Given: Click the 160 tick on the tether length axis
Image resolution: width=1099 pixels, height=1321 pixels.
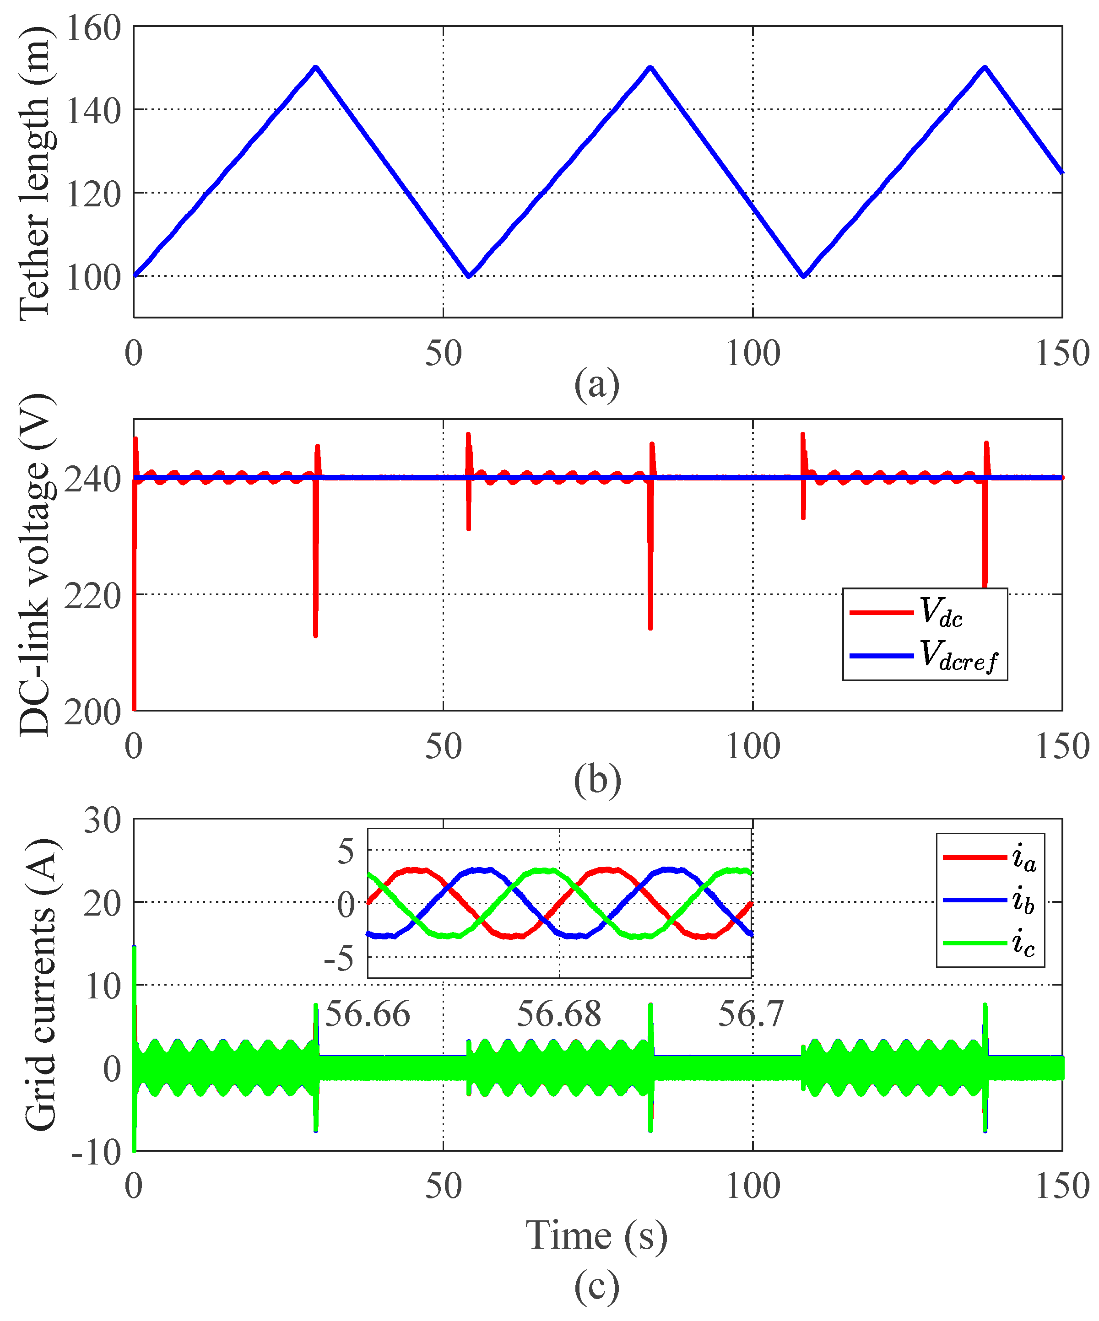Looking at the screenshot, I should (x=93, y=28).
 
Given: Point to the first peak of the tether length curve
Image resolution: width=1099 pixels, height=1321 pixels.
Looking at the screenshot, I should (x=316, y=67).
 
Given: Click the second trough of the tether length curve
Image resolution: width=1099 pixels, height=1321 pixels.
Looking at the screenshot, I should (x=803, y=275).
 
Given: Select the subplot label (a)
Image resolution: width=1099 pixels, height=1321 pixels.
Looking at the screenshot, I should (x=596, y=384).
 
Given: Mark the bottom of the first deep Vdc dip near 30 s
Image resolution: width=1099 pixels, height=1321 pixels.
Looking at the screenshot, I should (x=315, y=636).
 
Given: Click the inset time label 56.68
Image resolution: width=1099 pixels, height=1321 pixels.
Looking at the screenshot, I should (x=559, y=1014).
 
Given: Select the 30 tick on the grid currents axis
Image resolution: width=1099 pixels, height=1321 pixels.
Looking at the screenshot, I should (x=102, y=821).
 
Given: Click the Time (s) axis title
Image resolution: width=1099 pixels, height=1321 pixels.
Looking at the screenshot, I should (x=596, y=1234).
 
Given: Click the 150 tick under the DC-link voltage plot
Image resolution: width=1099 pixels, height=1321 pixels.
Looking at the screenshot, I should (x=1062, y=746).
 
